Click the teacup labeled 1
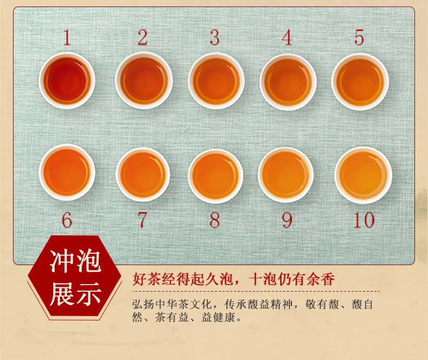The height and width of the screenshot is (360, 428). tap(67, 81)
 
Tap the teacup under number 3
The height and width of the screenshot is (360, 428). tap(217, 81)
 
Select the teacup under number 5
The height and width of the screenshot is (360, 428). tap(360, 82)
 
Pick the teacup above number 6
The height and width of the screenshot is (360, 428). tap(67, 172)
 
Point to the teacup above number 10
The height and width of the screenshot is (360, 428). tap(364, 175)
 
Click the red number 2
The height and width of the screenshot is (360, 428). tap(142, 37)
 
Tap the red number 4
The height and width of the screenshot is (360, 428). tap(287, 38)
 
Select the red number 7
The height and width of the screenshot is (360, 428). tap(142, 220)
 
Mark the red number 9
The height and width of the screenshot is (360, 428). tap(287, 220)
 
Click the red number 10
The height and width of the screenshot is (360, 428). tap(364, 220)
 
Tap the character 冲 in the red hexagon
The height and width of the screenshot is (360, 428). tap(62, 261)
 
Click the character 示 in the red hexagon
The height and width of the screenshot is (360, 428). tap(88, 294)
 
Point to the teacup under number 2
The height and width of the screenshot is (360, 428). tap(144, 81)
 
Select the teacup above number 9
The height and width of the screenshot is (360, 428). tap(286, 175)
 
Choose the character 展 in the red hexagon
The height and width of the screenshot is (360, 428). tap(62, 294)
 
